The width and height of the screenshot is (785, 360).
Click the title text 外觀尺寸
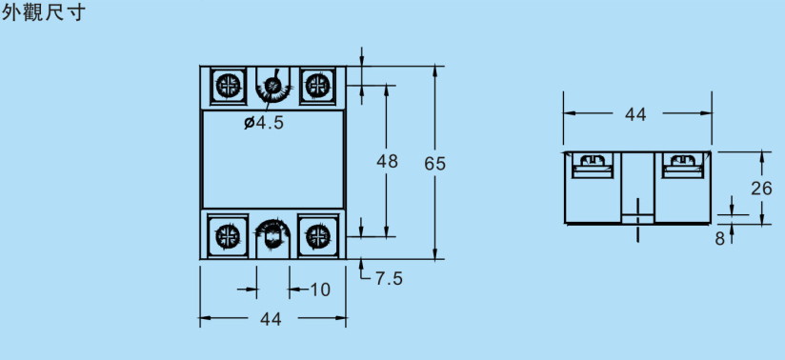tap(44, 12)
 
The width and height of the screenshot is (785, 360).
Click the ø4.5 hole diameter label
tap(264, 123)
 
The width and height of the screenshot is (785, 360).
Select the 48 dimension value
tap(387, 161)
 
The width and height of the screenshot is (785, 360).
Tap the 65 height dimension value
tap(434, 164)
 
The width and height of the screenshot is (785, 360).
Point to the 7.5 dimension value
tap(389, 278)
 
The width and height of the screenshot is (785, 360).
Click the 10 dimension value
tap(320, 290)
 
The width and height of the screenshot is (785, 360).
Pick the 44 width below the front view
tap(271, 319)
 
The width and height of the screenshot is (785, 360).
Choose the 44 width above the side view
tap(635, 114)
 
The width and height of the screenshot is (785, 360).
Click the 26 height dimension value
tap(761, 189)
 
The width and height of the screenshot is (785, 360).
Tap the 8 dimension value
tap(720, 239)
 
